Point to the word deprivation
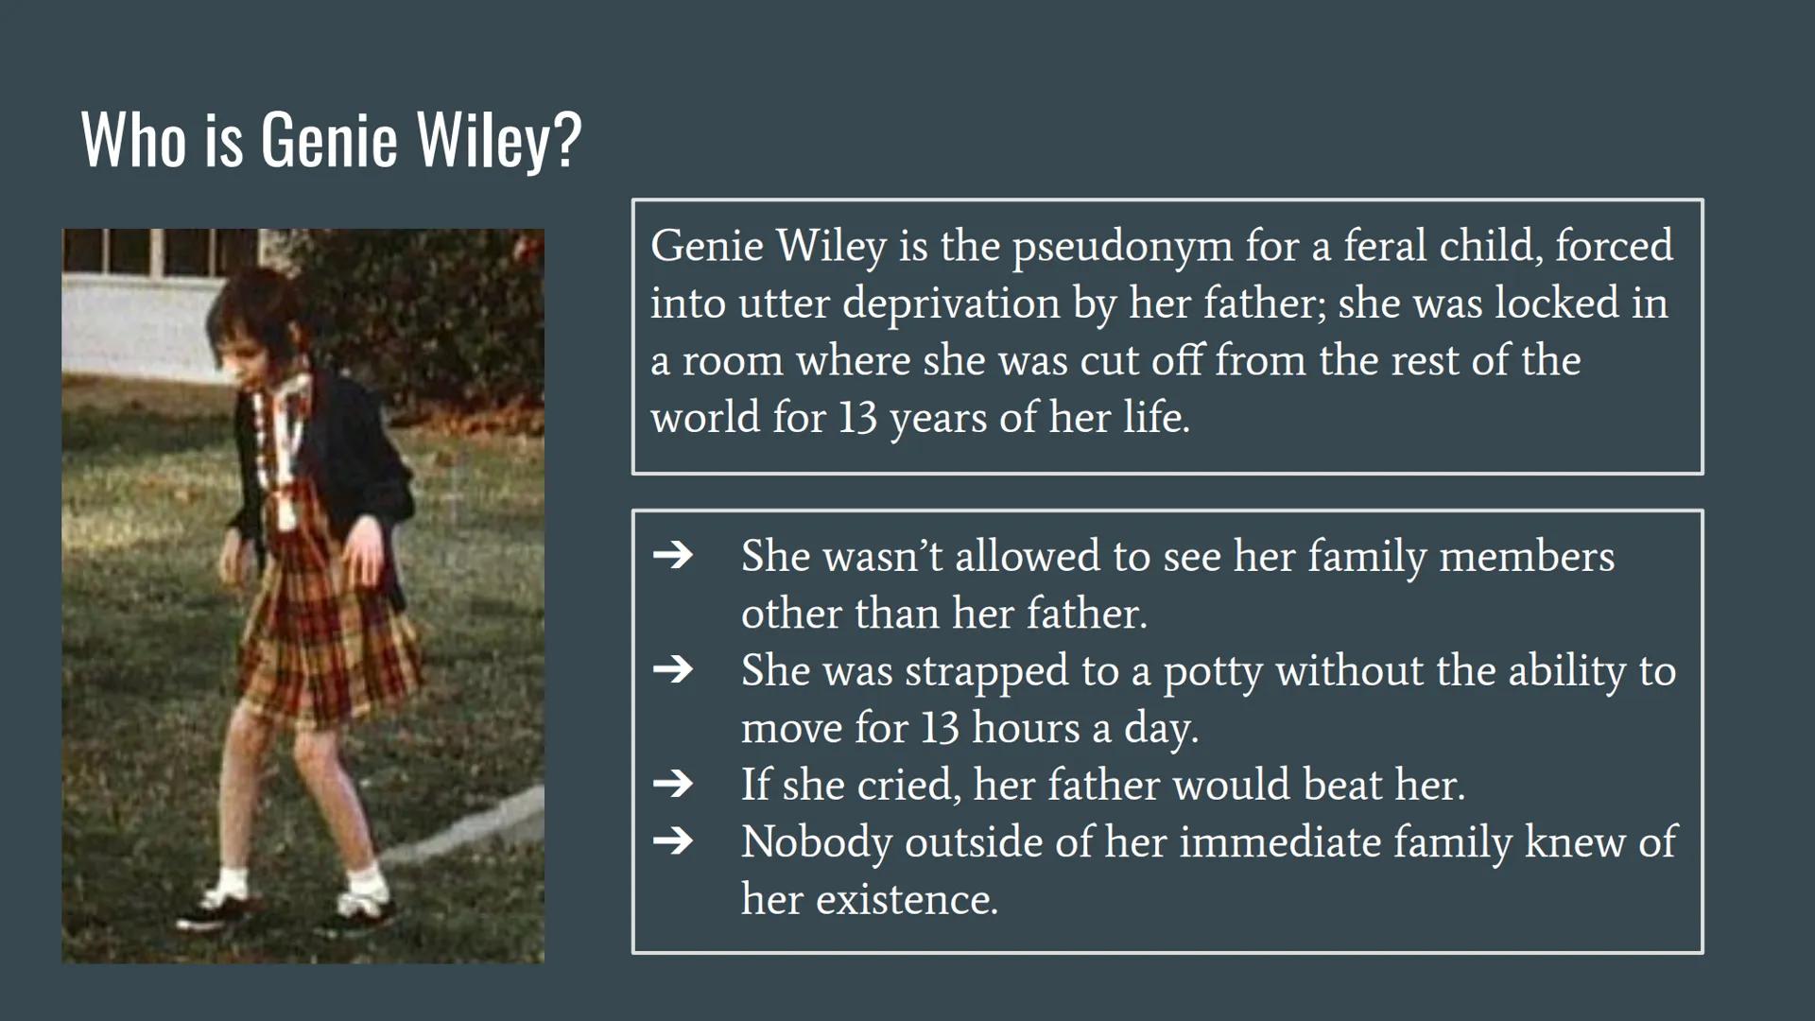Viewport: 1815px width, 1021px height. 951,304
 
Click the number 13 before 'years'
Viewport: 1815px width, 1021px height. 857,417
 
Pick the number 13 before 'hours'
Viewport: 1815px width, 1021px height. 941,728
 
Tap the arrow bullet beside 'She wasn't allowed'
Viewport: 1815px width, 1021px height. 673,555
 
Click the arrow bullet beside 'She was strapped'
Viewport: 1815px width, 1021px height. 673,669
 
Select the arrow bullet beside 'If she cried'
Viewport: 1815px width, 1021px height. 673,784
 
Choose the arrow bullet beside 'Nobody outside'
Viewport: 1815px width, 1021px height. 673,840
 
